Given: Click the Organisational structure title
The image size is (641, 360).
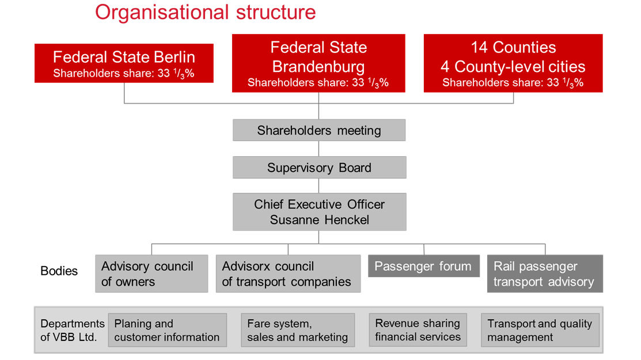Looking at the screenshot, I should (x=205, y=13).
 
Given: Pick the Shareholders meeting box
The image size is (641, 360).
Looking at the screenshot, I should (x=319, y=130).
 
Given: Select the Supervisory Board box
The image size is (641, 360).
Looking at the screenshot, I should (x=319, y=168).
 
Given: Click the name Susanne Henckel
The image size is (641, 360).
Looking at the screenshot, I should (x=319, y=220).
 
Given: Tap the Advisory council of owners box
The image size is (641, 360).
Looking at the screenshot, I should (x=151, y=274).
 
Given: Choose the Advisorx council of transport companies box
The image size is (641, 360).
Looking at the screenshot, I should (x=288, y=274).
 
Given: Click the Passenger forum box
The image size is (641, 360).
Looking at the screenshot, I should (x=423, y=266).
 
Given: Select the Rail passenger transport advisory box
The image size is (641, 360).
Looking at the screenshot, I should (x=545, y=274).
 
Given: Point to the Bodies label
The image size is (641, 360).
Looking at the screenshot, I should (x=59, y=271).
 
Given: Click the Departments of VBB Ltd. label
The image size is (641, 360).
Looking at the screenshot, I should (x=72, y=330).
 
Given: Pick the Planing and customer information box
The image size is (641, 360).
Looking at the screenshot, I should (x=167, y=330).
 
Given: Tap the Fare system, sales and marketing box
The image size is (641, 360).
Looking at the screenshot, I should (x=298, y=330).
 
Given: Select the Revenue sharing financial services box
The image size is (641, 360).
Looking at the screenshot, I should (x=418, y=329).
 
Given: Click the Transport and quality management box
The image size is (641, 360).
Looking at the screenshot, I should (x=540, y=330).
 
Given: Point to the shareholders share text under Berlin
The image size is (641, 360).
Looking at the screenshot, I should (x=124, y=74).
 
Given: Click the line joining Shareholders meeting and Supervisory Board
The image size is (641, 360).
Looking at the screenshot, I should (x=319, y=149).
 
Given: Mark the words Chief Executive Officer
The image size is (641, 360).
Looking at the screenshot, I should (x=319, y=204).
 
